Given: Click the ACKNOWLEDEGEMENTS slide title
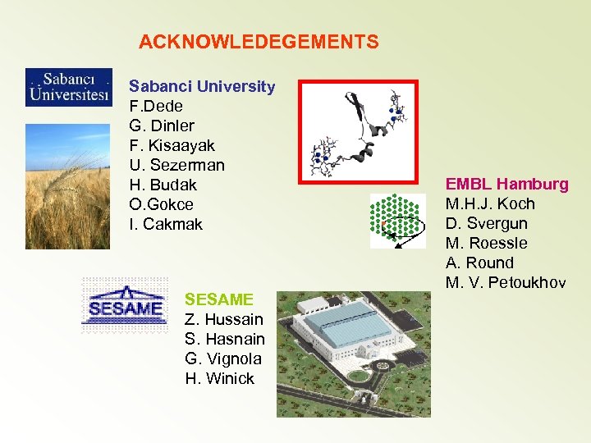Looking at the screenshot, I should tap(259, 42).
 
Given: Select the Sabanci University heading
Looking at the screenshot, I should tap(202, 86).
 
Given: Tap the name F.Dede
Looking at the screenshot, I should tap(156, 106).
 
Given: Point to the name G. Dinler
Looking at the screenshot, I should tap(162, 126).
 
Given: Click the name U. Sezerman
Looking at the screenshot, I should tap(176, 165).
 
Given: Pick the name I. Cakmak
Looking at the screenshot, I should tap(166, 224).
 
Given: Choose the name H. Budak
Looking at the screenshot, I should tap(163, 185).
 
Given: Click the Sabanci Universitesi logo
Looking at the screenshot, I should tap(68, 88).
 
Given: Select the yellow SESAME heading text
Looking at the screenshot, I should tap(219, 299).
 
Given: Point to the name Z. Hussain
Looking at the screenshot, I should tap(224, 319).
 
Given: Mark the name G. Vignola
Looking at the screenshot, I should tap(223, 359).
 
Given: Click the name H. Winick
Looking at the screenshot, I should tap(219, 378).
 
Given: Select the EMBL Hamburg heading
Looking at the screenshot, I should tap(506, 184).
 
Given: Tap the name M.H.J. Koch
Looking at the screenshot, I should tap(489, 203).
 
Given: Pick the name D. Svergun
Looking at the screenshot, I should tap(486, 223).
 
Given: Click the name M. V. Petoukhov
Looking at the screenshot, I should tap(505, 282).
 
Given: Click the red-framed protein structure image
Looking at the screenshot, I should tap(357, 130).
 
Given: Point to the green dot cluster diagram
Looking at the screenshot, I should tap(397, 221).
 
